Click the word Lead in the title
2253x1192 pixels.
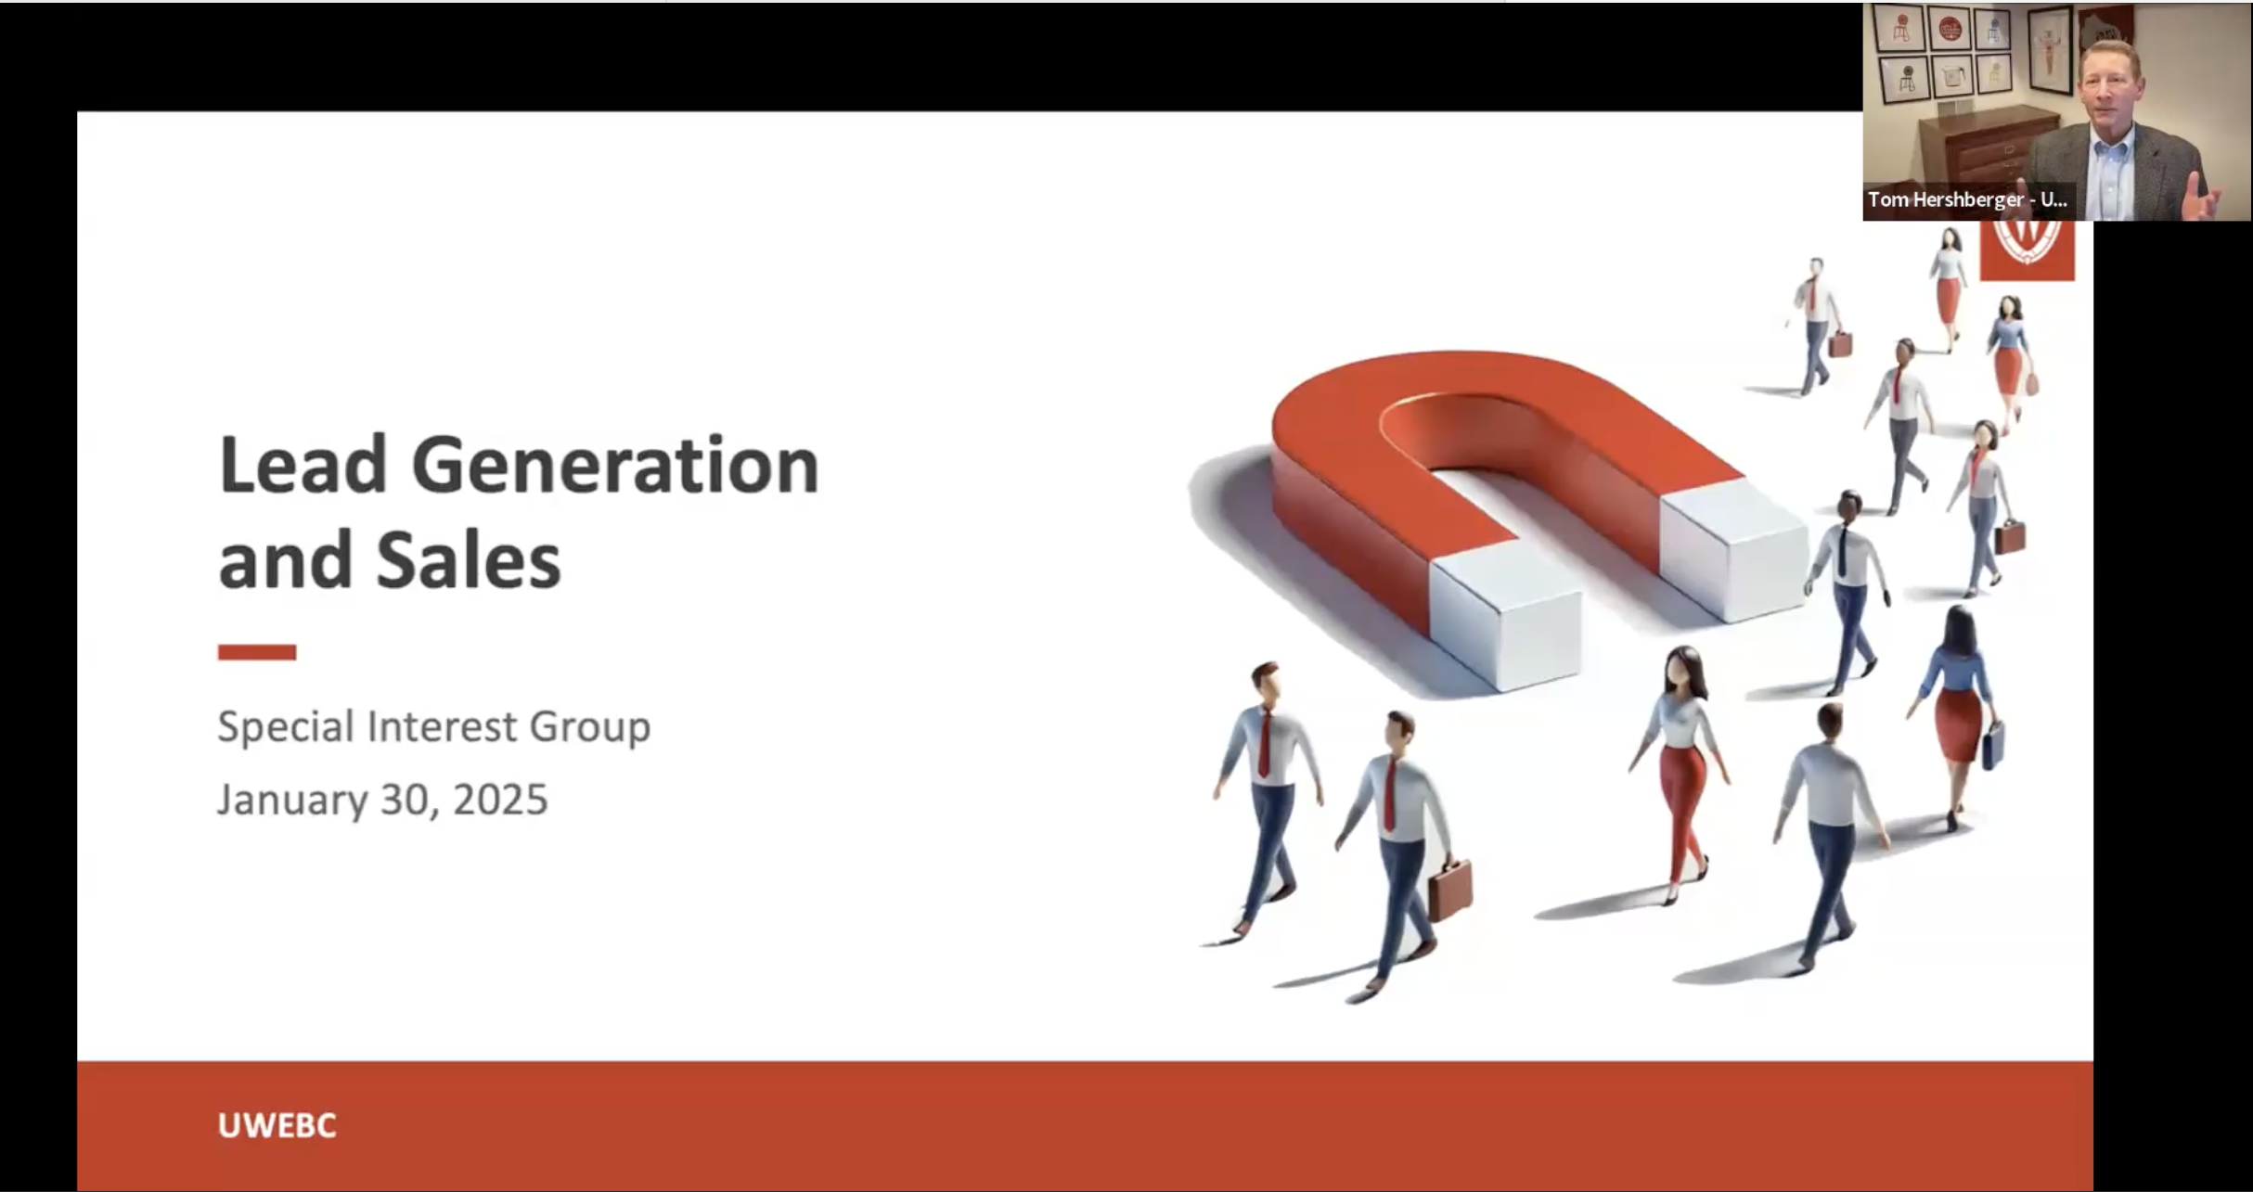click(x=302, y=465)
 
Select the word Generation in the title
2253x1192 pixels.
click(x=614, y=465)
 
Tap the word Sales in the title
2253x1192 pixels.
click(x=469, y=561)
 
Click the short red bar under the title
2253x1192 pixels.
click(x=257, y=652)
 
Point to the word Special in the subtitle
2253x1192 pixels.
click(x=286, y=726)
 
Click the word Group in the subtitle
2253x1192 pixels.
click(x=590, y=726)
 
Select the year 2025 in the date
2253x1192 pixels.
click(x=500, y=800)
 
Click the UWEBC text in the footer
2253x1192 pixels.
click(x=277, y=1125)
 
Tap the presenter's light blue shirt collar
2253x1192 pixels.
click(x=2111, y=148)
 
